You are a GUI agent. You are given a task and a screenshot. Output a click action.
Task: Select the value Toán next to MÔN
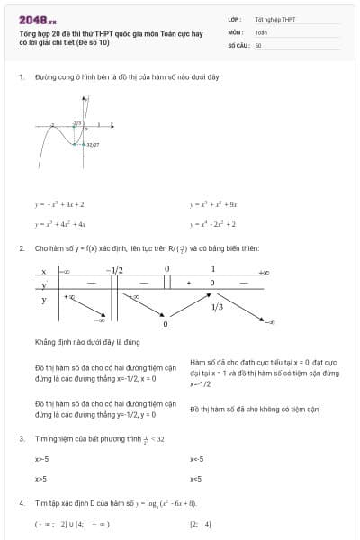click(x=261, y=31)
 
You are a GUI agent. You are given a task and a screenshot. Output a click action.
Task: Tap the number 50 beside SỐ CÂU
click(x=258, y=44)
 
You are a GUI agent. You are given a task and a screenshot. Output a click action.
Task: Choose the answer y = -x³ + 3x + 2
click(x=59, y=204)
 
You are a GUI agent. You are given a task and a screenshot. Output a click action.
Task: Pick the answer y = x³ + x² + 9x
click(x=213, y=204)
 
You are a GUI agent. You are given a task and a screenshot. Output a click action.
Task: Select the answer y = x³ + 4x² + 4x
click(x=60, y=224)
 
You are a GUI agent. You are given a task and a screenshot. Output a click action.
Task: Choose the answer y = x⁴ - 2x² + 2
click(x=213, y=224)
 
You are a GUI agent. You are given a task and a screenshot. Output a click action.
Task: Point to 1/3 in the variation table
click(x=217, y=307)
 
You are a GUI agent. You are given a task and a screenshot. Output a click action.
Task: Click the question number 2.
click(x=21, y=247)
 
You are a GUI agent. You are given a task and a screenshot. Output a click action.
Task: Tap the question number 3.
click(x=21, y=438)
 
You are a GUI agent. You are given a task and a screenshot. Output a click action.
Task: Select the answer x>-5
click(x=41, y=459)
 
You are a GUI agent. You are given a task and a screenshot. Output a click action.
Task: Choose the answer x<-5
click(x=197, y=459)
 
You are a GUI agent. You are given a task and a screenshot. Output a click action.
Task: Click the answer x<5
click(x=195, y=479)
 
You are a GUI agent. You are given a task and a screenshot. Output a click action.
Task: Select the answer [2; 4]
click(x=200, y=523)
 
